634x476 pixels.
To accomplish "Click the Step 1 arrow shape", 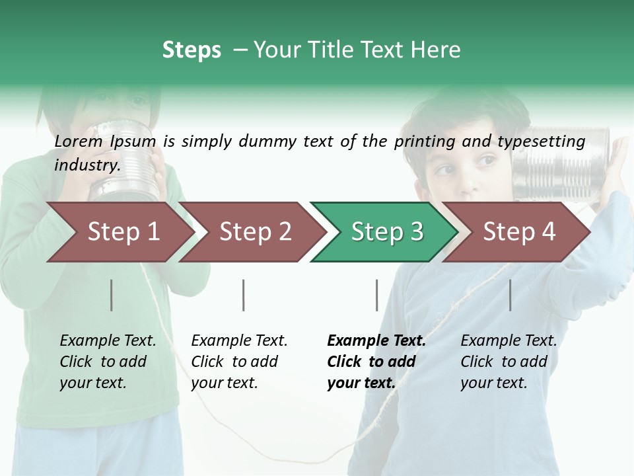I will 122,232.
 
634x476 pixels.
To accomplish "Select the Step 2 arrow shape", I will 254,232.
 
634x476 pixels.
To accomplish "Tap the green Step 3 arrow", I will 386,232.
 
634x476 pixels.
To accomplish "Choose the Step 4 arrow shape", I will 518,232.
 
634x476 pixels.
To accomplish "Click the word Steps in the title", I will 192,50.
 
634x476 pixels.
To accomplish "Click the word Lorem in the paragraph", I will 78,141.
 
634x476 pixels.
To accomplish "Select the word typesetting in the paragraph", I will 541,141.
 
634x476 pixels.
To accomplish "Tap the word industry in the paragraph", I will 87,165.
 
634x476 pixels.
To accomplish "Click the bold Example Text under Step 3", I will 376,341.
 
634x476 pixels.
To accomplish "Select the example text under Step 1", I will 108,362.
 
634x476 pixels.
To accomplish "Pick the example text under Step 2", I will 239,362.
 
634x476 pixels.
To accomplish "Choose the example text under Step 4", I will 509,362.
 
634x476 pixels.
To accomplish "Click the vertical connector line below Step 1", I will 112,295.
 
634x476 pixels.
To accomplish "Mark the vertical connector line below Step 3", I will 377,295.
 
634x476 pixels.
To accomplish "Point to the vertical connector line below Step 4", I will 510,295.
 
